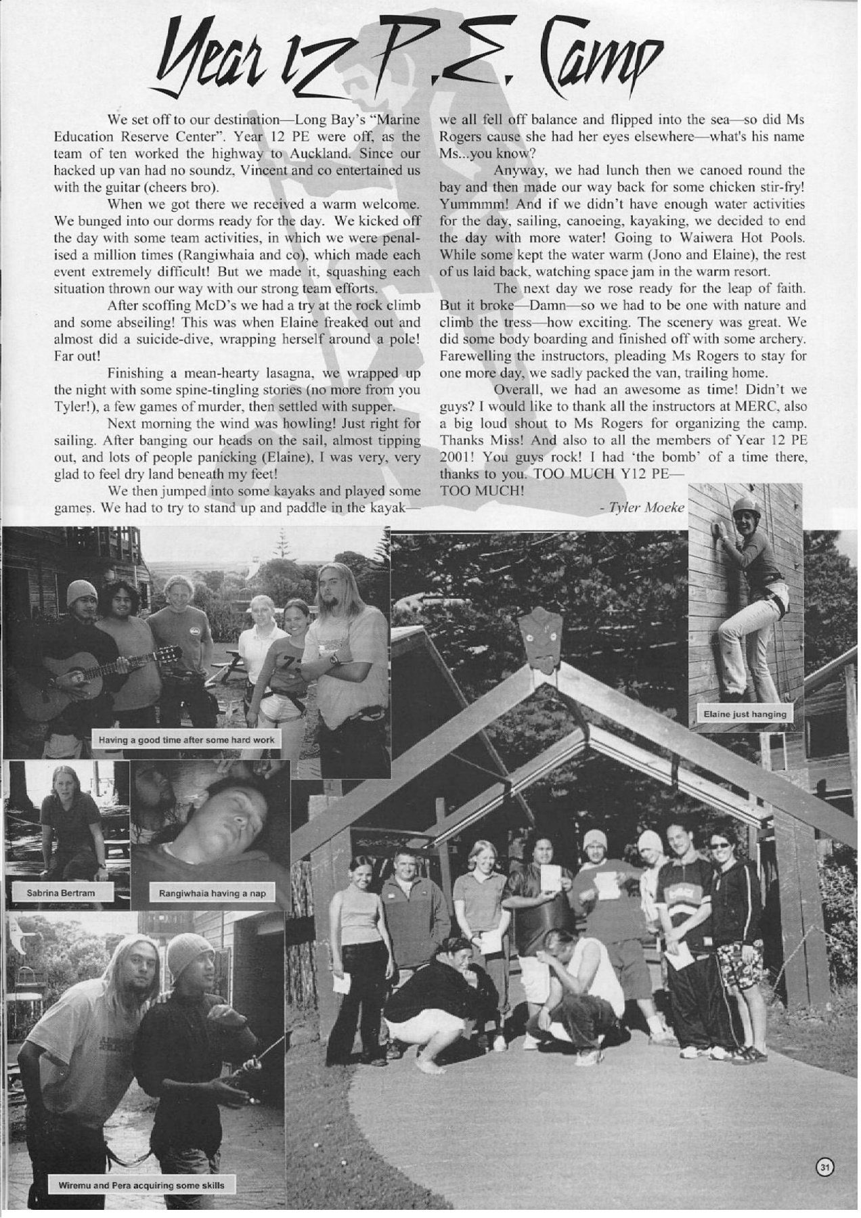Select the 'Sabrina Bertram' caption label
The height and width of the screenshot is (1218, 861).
tap(60, 893)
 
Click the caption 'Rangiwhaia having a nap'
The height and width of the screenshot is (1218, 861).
tap(212, 893)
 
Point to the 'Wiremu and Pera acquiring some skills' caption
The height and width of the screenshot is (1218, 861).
tap(141, 1185)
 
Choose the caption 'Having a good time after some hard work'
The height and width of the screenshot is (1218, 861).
tap(187, 740)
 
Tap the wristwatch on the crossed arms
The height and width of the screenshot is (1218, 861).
tap(334, 658)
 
